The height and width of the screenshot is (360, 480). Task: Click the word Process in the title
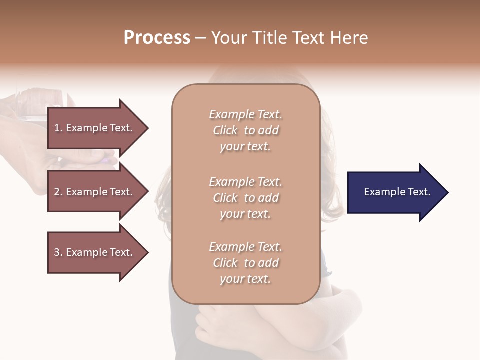click(x=157, y=38)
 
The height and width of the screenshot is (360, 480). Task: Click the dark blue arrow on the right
click(x=395, y=192)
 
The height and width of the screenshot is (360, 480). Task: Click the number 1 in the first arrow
click(x=57, y=128)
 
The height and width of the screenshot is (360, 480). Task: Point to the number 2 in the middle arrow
click(x=57, y=192)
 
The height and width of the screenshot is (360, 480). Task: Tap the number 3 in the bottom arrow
click(x=57, y=252)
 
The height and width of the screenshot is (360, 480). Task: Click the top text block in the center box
click(x=245, y=130)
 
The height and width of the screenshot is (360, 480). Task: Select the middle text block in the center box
click(x=245, y=198)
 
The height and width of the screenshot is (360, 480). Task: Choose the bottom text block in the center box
click(x=245, y=263)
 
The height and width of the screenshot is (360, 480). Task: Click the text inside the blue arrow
click(x=397, y=192)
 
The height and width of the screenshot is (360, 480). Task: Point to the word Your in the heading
click(x=229, y=38)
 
